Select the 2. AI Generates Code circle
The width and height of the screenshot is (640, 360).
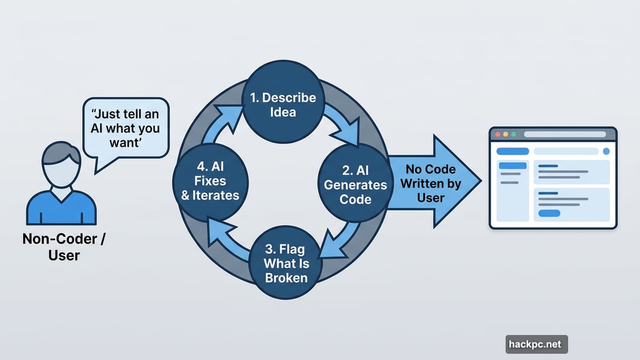pos(355,184)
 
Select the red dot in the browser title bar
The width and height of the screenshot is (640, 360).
pos(498,134)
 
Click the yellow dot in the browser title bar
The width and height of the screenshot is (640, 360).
pos(506,134)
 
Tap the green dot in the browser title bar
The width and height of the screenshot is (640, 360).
pos(514,134)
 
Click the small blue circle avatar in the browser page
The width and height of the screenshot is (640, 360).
pos(606,151)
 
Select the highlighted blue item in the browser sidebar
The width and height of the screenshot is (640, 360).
pos(512,166)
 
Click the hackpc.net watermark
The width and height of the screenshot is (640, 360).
pos(536,344)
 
